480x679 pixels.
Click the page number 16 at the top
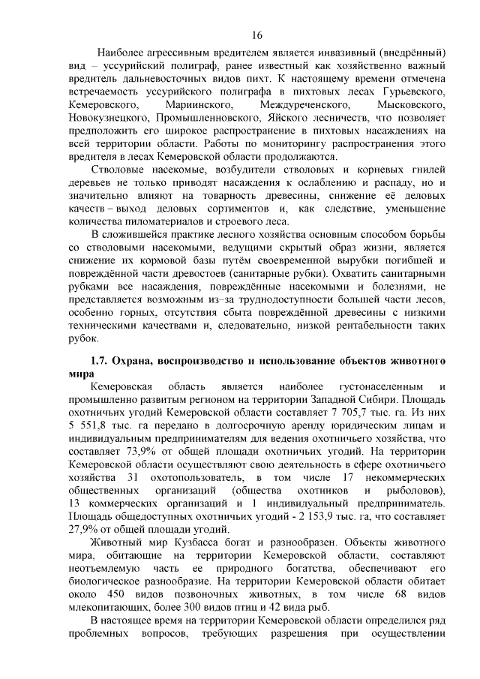tap(256, 35)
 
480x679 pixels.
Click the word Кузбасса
tap(195, 540)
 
